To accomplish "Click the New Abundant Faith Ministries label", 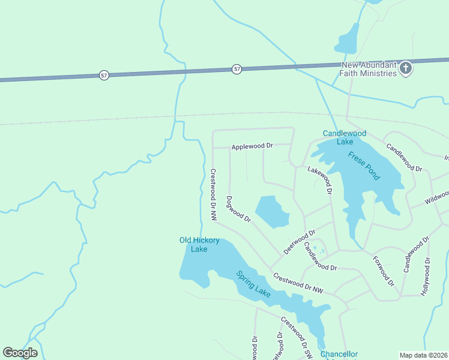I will tap(369, 69).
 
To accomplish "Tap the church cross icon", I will tap(406, 68).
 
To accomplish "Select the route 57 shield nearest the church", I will tap(237, 70).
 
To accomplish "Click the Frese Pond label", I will tap(364, 166).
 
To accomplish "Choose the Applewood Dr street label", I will tap(252, 146).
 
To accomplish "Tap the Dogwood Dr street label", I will tap(238, 209).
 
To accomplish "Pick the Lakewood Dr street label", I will tap(321, 181).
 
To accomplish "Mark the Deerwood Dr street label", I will tap(300, 242).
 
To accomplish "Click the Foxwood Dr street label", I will tap(383, 271).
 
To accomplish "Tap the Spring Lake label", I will tap(253, 284).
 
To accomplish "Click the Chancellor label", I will tap(339, 355).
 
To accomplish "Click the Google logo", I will tap(20, 353).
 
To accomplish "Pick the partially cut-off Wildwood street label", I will tap(437, 197).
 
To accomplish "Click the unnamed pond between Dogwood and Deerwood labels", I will tap(273, 212).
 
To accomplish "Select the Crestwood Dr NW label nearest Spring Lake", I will tap(298, 283).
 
